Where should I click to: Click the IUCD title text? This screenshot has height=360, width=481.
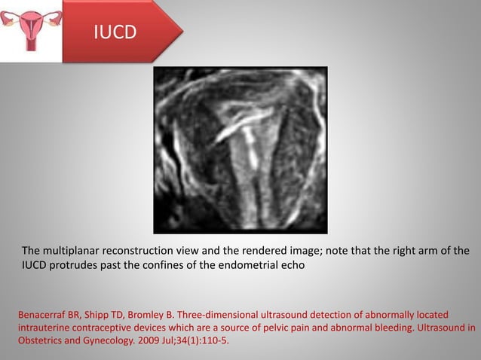(115, 32)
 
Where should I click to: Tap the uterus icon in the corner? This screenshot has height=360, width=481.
(29, 29)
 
